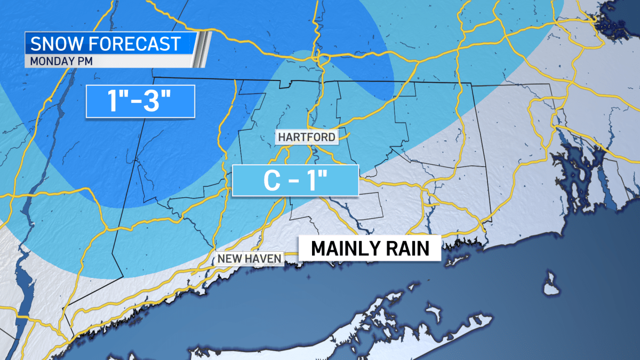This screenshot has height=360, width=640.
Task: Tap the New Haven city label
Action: (249, 259)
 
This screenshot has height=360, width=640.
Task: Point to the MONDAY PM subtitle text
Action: (61, 60)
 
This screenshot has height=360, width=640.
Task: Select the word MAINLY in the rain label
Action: (340, 249)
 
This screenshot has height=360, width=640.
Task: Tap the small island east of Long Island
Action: (551, 284)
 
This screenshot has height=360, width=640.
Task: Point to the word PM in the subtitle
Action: (85, 60)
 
